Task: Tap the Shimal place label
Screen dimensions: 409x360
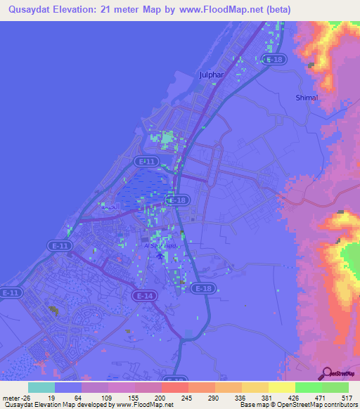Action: point(308,98)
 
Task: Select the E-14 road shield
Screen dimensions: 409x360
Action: point(144,297)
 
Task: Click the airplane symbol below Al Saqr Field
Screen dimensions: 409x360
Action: point(159,256)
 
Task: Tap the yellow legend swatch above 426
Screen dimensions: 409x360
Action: point(282,387)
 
